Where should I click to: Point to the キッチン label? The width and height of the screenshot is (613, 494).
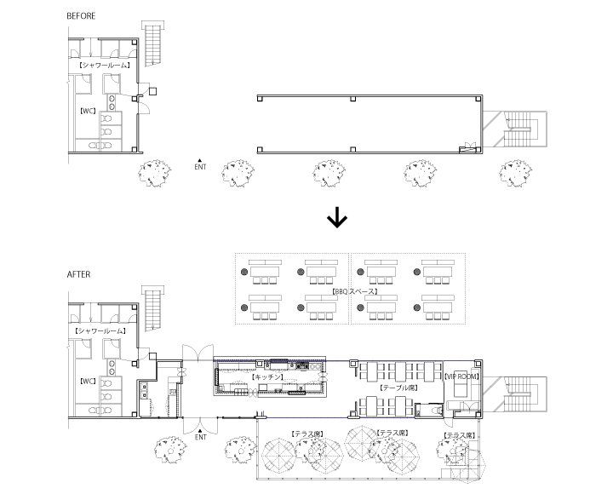[x=268, y=376]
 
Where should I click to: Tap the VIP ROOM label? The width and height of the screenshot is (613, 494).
[x=461, y=376]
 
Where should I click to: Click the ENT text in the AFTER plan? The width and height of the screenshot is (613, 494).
[x=201, y=438]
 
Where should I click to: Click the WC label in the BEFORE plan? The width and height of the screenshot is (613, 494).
[x=86, y=111]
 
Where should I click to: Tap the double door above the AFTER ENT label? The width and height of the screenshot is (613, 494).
[x=196, y=423]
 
